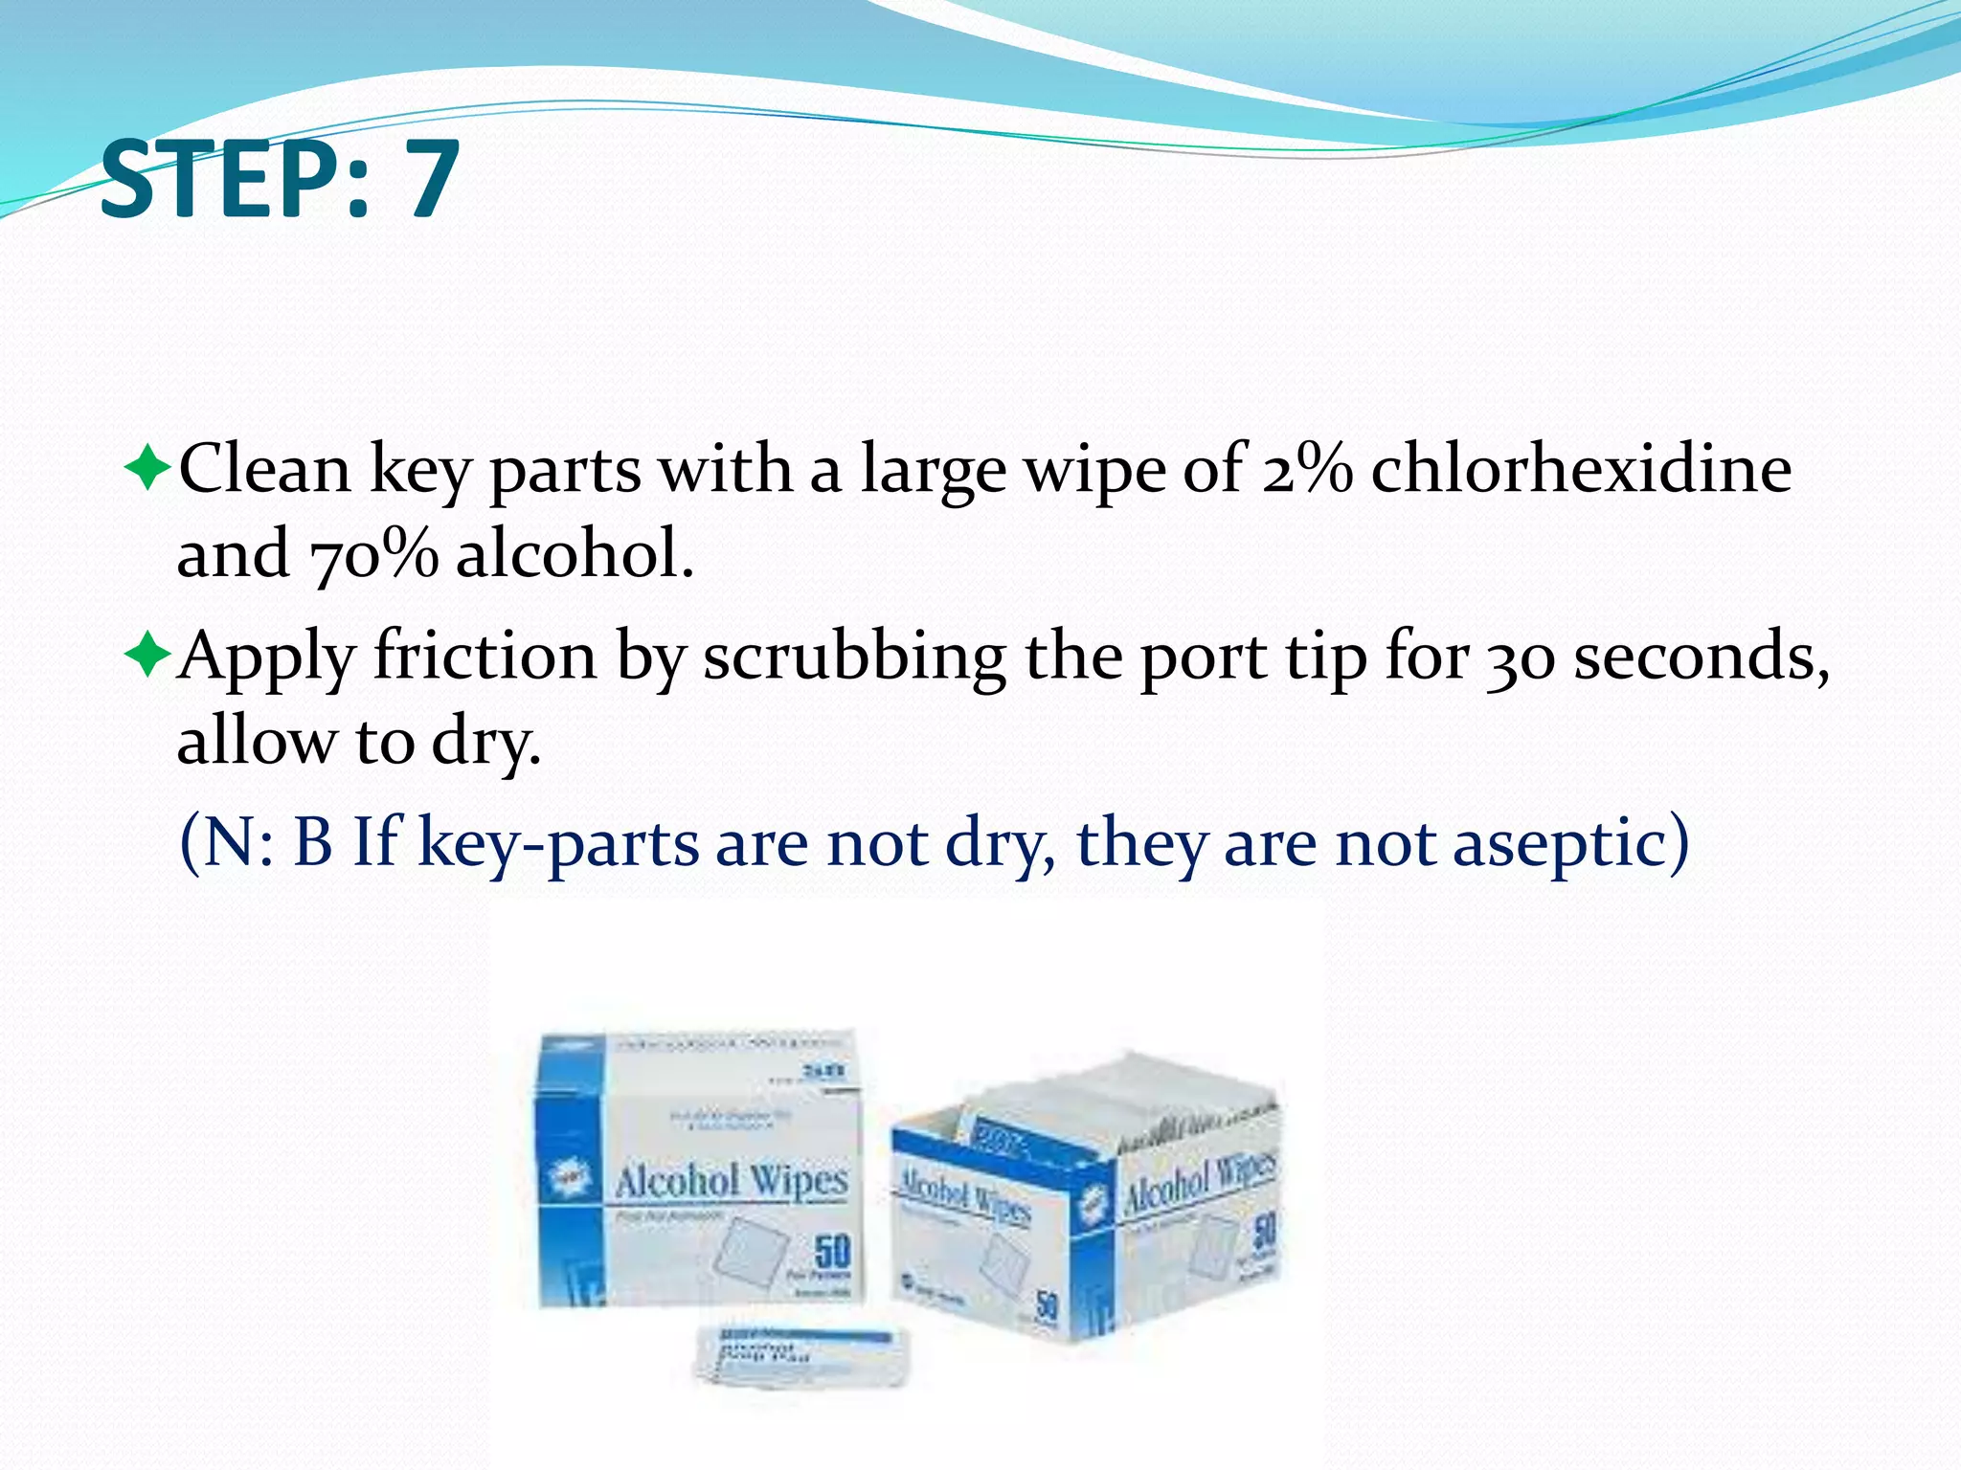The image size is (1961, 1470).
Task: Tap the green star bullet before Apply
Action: coord(147,657)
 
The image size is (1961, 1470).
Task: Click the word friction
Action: coord(485,657)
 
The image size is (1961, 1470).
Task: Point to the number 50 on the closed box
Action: coord(832,1250)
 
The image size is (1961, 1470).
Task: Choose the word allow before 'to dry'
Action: coord(256,741)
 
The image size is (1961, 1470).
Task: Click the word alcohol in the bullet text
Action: coord(573,555)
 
